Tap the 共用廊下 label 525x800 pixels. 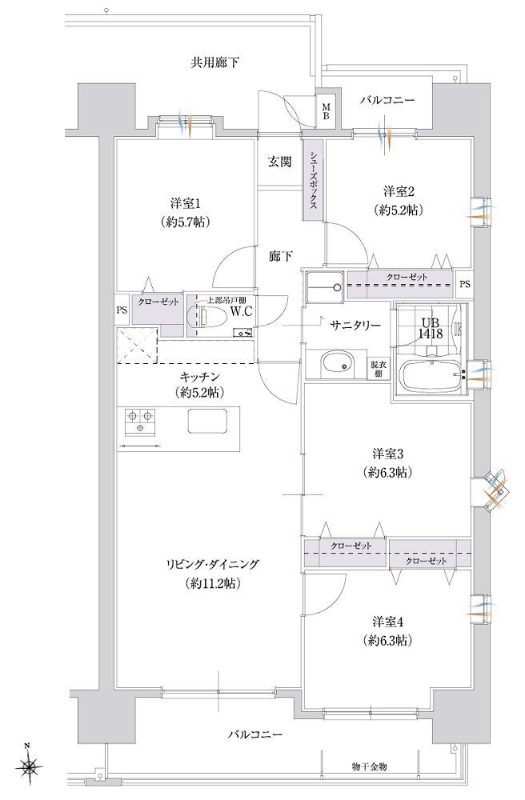[x=214, y=62]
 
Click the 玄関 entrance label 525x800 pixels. [x=280, y=162]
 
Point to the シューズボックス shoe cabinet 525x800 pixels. [x=313, y=179]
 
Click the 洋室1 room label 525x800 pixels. [x=185, y=203]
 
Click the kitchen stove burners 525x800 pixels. [x=140, y=422]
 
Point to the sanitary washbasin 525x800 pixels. [x=337, y=364]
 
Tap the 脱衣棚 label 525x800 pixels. [x=377, y=369]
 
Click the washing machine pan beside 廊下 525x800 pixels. [x=325, y=286]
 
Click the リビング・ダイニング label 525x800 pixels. [x=212, y=564]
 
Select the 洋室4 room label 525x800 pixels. [x=388, y=622]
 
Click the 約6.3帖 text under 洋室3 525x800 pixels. [x=389, y=473]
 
